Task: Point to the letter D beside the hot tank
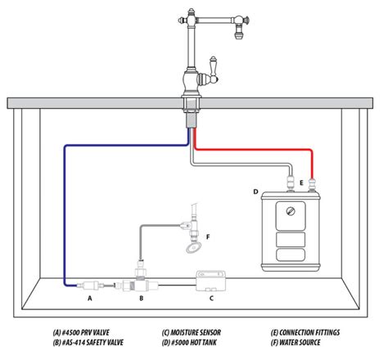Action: point(255,192)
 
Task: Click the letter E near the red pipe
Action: point(302,183)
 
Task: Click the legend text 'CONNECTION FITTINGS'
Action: point(309,333)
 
